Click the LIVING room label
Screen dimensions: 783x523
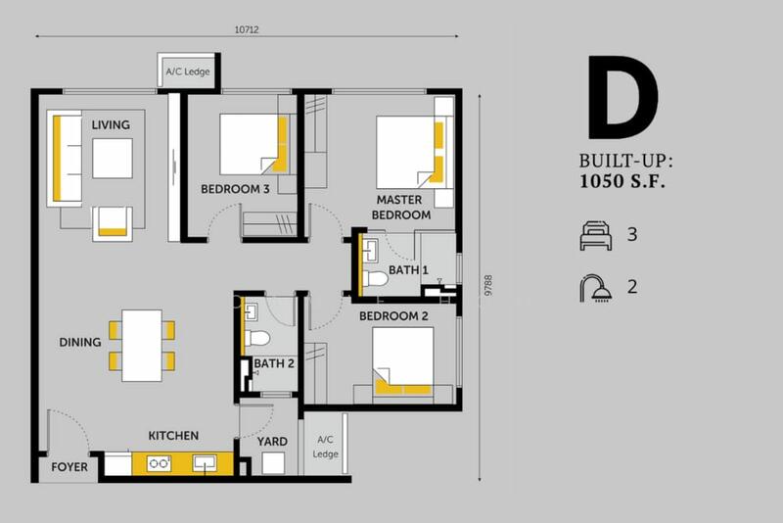(111, 125)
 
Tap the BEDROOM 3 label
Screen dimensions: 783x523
(235, 189)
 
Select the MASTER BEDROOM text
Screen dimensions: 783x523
(401, 208)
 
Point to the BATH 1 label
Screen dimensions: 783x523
(408, 270)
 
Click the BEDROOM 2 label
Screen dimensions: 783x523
(393, 316)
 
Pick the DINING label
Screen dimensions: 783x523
(80, 342)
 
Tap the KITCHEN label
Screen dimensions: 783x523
(173, 436)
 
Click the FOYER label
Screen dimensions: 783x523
(69, 467)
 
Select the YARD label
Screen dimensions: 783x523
(272, 442)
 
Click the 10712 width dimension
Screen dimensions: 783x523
(247, 30)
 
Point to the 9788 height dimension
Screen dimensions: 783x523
(488, 285)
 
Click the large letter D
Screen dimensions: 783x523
(622, 97)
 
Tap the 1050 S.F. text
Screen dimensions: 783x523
(622, 181)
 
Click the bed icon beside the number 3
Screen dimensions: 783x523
(596, 235)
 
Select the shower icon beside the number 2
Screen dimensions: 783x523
(596, 288)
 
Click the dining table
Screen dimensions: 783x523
(142, 346)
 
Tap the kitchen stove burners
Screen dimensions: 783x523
(159, 463)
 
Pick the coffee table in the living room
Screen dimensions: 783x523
(113, 159)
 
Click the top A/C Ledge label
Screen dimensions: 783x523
(188, 71)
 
